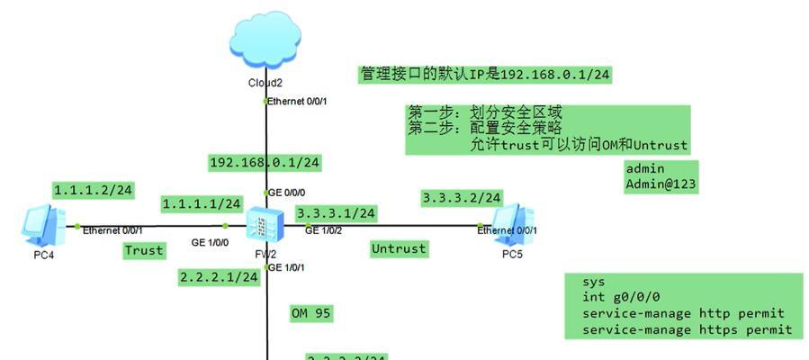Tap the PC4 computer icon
[x=42, y=224]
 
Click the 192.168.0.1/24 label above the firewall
[x=265, y=163]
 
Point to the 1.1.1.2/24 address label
[x=94, y=190]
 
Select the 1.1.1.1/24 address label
[x=202, y=204]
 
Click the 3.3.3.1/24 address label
[x=337, y=213]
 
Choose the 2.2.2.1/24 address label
[x=219, y=277]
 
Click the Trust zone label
[x=145, y=250]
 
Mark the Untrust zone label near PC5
[x=399, y=248]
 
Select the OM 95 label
[x=311, y=313]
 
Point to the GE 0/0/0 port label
[x=287, y=193]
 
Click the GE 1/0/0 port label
[x=210, y=242]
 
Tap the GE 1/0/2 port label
[x=324, y=230]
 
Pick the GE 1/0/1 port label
[x=287, y=267]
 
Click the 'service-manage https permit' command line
[x=687, y=330]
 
